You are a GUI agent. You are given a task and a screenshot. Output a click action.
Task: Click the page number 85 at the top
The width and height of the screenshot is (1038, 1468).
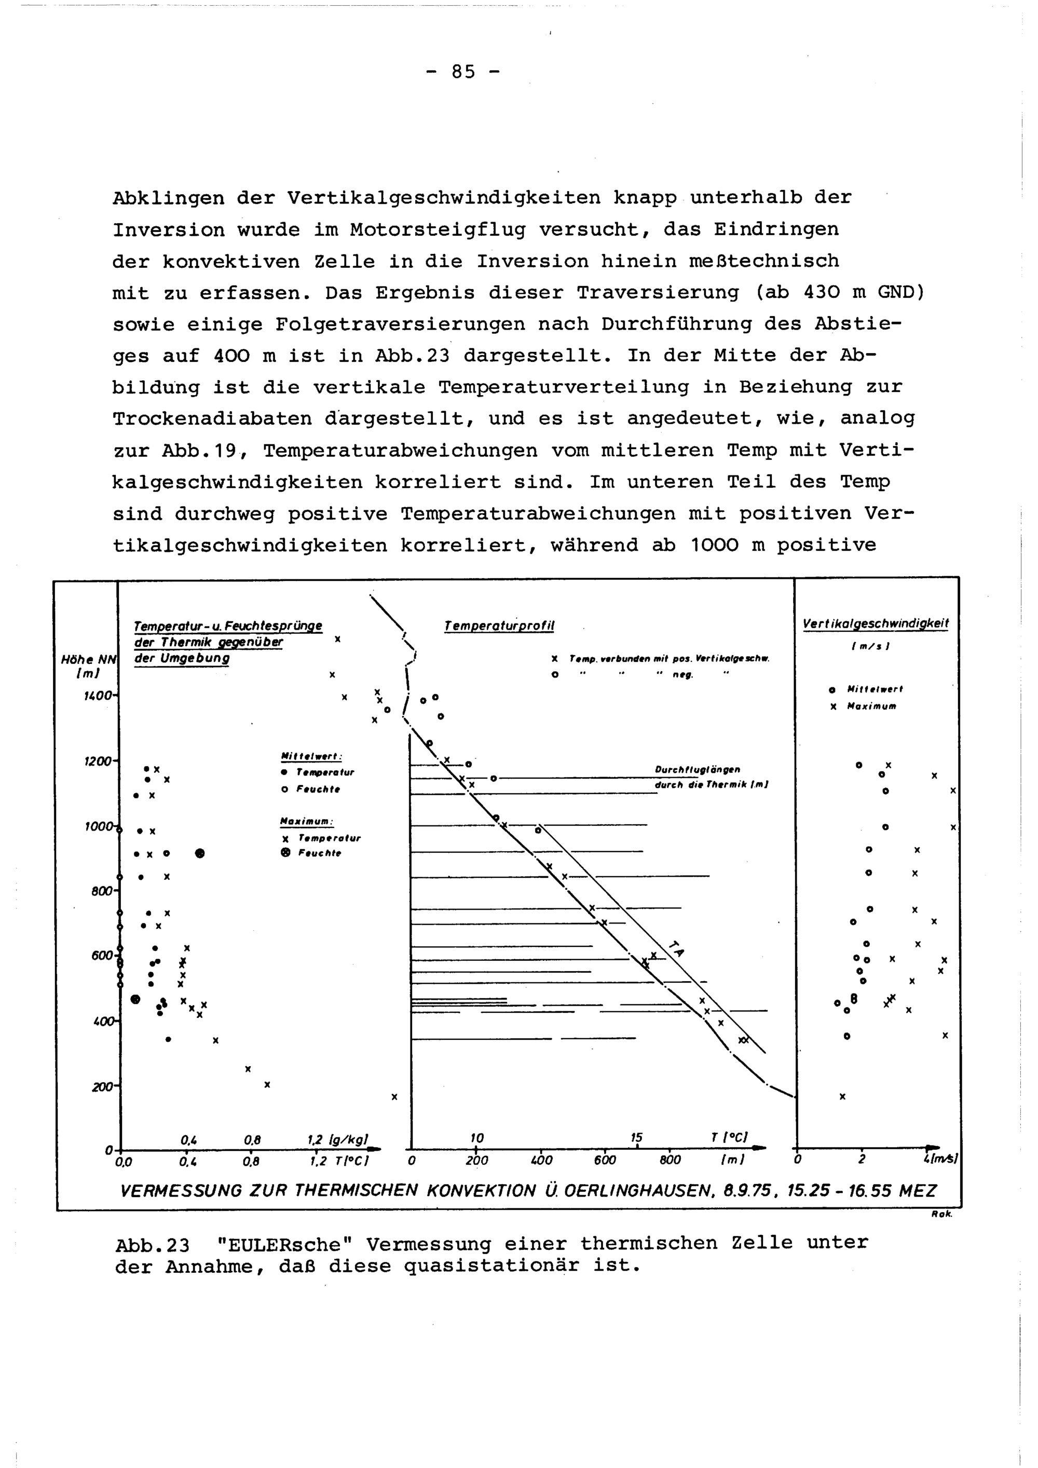[463, 72]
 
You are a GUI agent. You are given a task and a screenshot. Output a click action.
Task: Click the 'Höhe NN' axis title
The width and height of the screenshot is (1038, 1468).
[86, 660]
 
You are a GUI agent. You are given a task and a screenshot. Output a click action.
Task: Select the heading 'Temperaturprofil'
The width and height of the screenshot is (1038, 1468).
[499, 627]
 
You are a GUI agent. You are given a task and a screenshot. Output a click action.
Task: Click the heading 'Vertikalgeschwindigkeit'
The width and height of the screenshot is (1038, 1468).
[876, 623]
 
